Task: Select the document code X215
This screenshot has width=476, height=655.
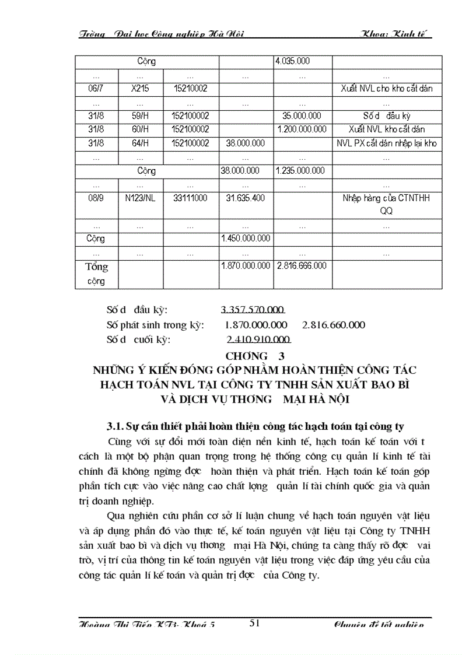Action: [x=141, y=89]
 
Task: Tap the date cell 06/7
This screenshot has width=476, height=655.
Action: [x=96, y=89]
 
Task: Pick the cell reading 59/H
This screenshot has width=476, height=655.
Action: [x=141, y=116]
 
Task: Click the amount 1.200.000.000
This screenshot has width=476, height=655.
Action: [x=302, y=129]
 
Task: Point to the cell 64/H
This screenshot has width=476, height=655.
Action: [x=141, y=143]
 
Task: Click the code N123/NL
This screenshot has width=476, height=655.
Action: [x=141, y=198]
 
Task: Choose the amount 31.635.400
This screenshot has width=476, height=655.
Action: [x=245, y=198]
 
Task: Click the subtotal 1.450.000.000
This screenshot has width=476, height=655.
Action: [x=246, y=239]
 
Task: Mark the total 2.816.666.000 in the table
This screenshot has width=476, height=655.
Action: [x=302, y=265]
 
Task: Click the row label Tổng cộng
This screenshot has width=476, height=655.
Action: [x=96, y=274]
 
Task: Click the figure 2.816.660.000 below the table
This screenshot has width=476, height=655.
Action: [x=334, y=325]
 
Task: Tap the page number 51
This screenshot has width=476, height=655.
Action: [x=254, y=623]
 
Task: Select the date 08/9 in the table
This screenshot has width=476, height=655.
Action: [x=96, y=198]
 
